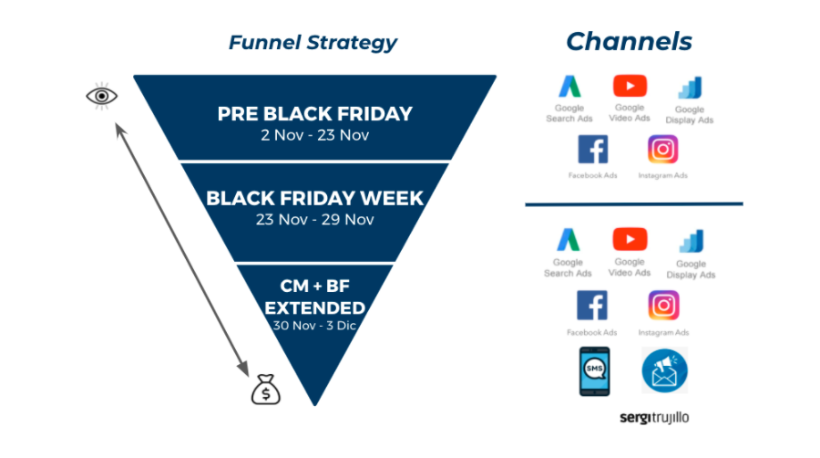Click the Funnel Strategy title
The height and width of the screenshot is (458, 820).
pyautogui.click(x=313, y=42)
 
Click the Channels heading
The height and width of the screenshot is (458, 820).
pyautogui.click(x=629, y=41)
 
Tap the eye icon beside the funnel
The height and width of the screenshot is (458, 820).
pyautogui.click(x=102, y=95)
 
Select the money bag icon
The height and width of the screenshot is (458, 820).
pyautogui.click(x=266, y=390)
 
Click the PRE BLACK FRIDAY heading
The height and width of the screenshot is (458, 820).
pyautogui.click(x=314, y=114)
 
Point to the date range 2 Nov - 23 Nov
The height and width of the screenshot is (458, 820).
pyautogui.click(x=314, y=135)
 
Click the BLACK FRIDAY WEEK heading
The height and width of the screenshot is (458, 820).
pyautogui.click(x=314, y=197)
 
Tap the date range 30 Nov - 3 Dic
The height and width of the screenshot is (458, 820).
pyautogui.click(x=314, y=324)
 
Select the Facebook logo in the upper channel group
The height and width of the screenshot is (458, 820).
pyautogui.click(x=592, y=150)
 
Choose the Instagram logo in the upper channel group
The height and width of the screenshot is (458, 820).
pyautogui.click(x=663, y=150)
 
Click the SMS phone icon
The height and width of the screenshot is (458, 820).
pyautogui.click(x=592, y=370)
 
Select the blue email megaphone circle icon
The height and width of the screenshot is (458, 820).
pyautogui.click(x=664, y=370)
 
